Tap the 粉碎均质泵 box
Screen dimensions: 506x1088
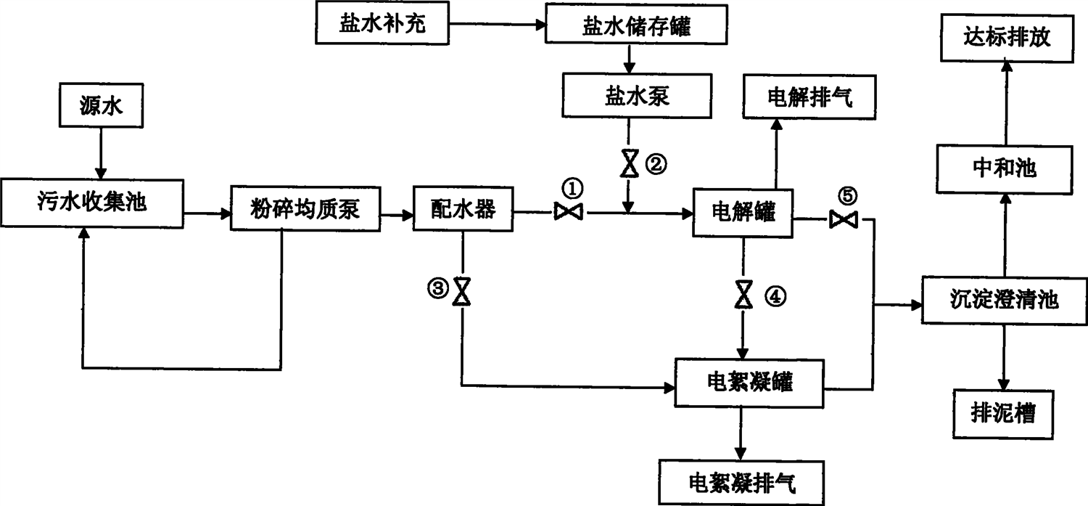pyautogui.click(x=305, y=210)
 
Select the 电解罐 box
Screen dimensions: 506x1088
pyautogui.click(x=744, y=212)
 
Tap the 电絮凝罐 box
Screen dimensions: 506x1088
pyautogui.click(x=750, y=382)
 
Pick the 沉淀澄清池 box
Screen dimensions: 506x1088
pyautogui.click(x=1005, y=299)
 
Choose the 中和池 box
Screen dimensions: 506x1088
pyautogui.click(x=1004, y=169)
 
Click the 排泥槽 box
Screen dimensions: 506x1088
pyautogui.click(x=1003, y=415)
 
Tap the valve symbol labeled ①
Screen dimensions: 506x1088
pyautogui.click(x=568, y=212)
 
